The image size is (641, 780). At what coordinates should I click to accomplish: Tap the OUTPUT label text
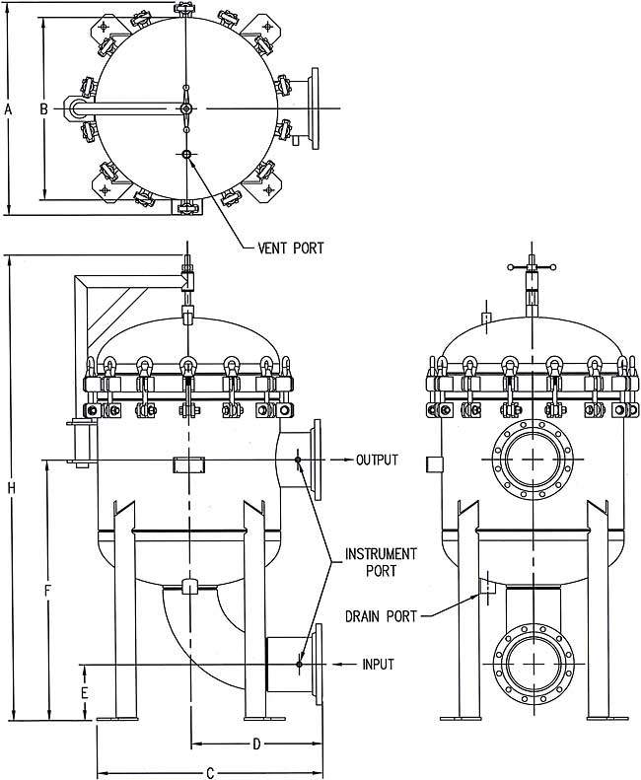pyautogui.click(x=377, y=461)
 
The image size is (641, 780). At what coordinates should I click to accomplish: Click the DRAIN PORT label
pyautogui.click(x=381, y=616)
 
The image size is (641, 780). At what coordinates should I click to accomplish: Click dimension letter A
pyautogui.click(x=8, y=110)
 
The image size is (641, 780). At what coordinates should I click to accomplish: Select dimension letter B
pyautogui.click(x=43, y=109)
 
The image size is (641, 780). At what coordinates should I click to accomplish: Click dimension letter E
pyautogui.click(x=84, y=693)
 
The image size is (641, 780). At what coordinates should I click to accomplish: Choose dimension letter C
pyautogui.click(x=209, y=773)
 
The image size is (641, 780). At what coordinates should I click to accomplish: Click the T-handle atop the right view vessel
pyautogui.click(x=533, y=267)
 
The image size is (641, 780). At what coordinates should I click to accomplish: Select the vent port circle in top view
pyautogui.click(x=186, y=154)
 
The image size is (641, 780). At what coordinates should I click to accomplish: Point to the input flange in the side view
pyautogui.click(x=317, y=665)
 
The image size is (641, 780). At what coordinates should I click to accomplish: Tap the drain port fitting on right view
pyautogui.click(x=485, y=587)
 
